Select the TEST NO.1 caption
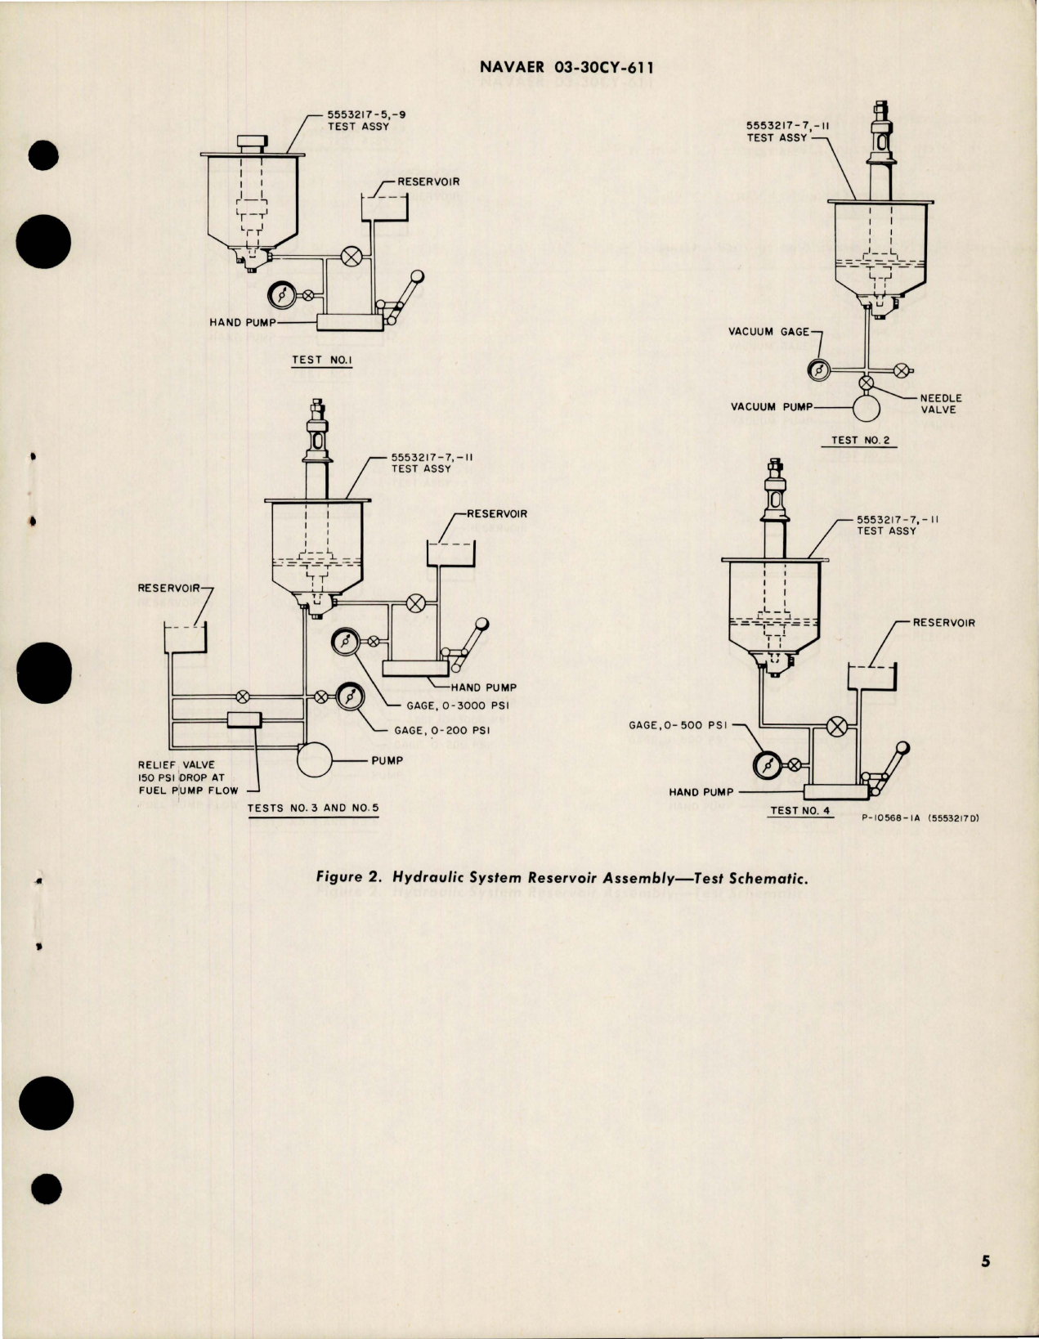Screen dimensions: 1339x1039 pyautogui.click(x=321, y=359)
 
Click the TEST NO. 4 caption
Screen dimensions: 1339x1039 pyautogui.click(x=800, y=811)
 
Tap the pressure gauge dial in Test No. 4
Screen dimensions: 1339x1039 pyautogui.click(x=767, y=765)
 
